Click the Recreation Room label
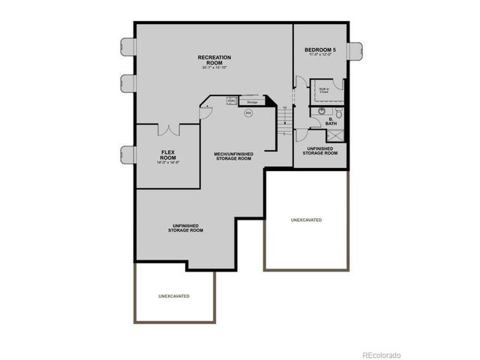pos(214,59)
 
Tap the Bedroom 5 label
pos(319,50)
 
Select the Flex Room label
pos(168,155)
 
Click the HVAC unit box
pos(232,100)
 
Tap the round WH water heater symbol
pos(247,112)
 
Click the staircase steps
pos(284,120)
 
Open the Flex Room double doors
pos(167,130)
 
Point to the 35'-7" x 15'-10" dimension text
pos(214,67)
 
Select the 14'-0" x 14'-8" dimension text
pos(168,163)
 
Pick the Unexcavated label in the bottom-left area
pos(174,296)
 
